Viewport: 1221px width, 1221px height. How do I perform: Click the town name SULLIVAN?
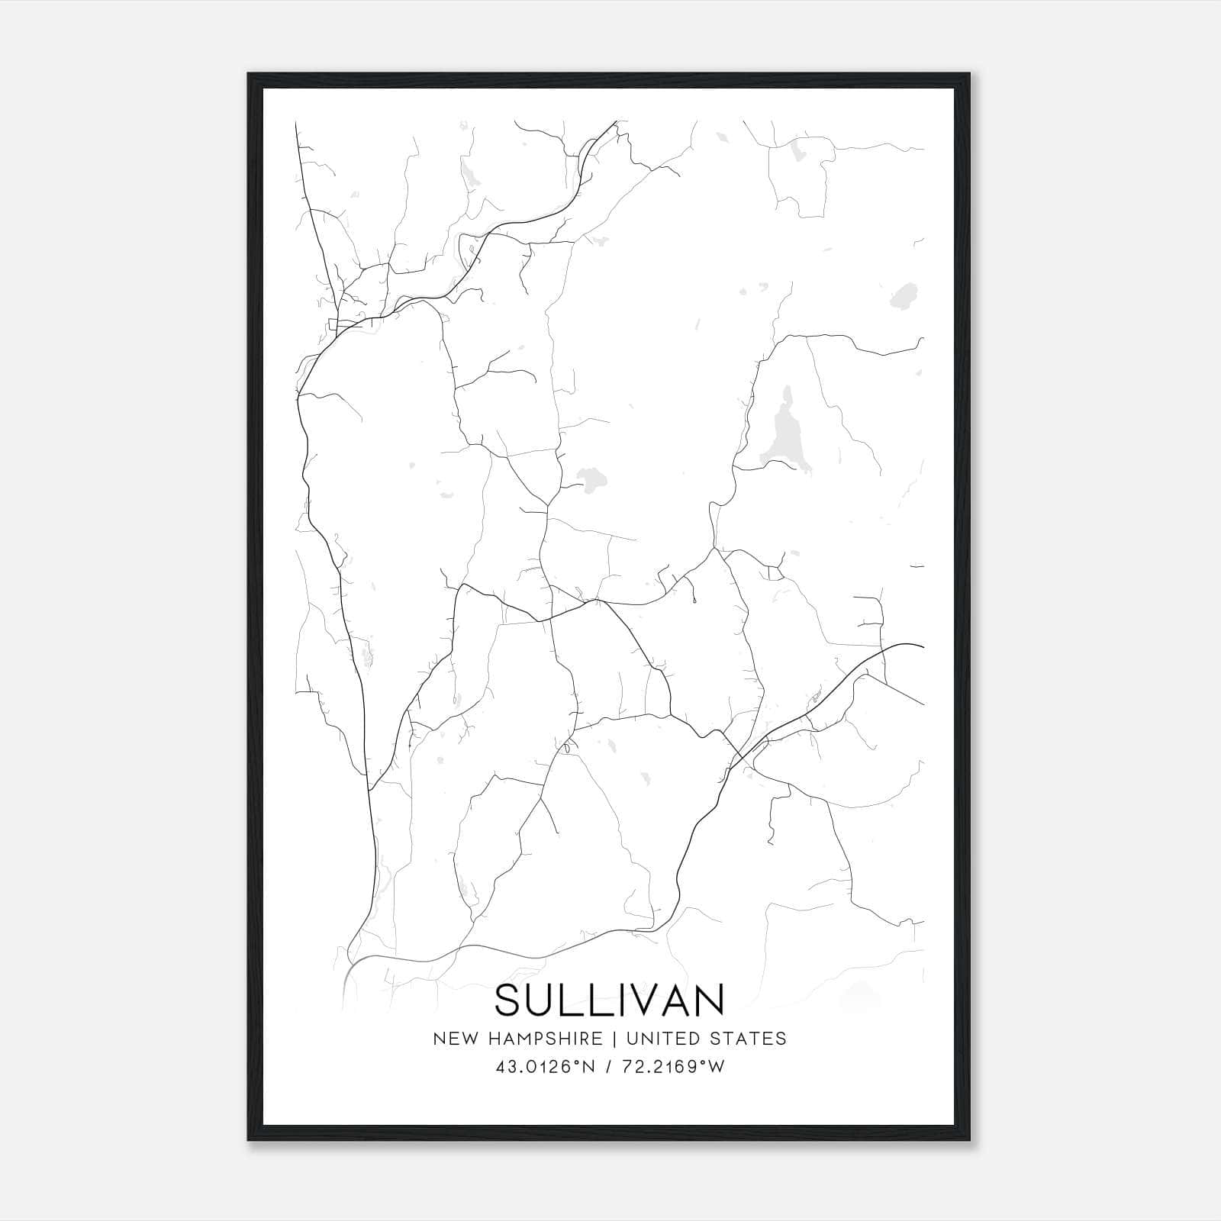click(610, 1000)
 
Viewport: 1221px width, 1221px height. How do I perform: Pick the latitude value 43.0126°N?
click(544, 1067)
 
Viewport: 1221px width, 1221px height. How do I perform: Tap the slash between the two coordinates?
click(608, 1067)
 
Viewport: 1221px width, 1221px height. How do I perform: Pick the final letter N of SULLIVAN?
click(709, 1000)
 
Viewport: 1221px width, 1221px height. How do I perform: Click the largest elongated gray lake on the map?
click(781, 431)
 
